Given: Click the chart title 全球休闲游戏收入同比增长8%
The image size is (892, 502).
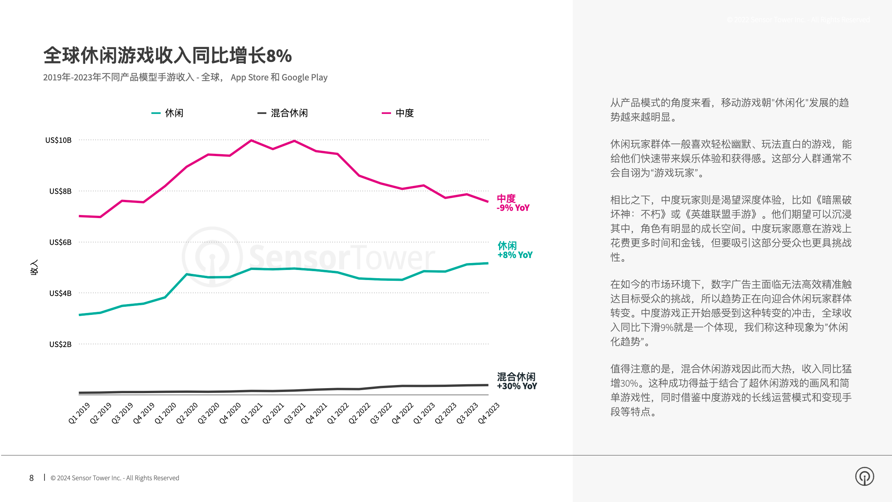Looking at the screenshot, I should point(167,55).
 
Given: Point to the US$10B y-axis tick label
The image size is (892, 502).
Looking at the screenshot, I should point(58,140).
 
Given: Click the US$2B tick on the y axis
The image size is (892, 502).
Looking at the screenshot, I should point(60,344).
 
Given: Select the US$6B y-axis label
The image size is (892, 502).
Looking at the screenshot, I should point(60,242).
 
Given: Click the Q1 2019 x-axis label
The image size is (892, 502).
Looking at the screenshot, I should point(79,413).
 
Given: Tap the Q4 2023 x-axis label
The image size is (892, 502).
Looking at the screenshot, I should point(489,413).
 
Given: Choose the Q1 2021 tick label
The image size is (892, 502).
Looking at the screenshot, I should point(252,413).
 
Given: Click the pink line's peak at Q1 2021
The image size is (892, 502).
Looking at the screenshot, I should point(251,140).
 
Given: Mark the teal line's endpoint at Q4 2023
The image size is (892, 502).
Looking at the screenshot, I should point(488,263).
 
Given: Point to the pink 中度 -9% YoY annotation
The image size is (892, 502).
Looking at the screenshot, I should point(513,203).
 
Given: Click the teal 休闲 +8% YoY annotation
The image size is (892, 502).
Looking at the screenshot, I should point(515,250).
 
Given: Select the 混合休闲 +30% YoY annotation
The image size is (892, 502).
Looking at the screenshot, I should point(517,382).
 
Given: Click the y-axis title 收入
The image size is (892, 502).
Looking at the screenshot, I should point(34,267).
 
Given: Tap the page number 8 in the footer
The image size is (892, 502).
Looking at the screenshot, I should point(31,478).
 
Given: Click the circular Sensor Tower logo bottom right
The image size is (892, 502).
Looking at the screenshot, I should point(865,476).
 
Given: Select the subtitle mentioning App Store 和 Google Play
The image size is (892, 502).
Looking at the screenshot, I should point(185,77).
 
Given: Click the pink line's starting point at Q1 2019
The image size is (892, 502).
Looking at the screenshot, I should point(79,216).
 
